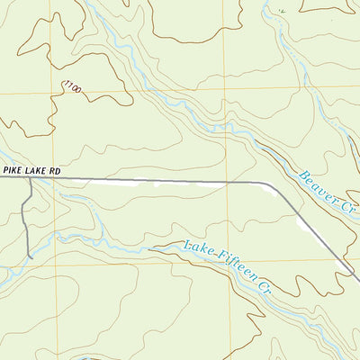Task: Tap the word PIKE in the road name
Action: pos(12,167)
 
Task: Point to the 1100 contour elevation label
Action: pos(72,87)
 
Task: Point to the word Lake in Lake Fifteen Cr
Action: pos(195,248)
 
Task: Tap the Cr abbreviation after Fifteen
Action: pos(265,285)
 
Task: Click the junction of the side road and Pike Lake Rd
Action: pos(31,178)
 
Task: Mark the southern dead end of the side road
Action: pos(31,257)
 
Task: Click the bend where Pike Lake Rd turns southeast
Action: pos(268,184)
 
